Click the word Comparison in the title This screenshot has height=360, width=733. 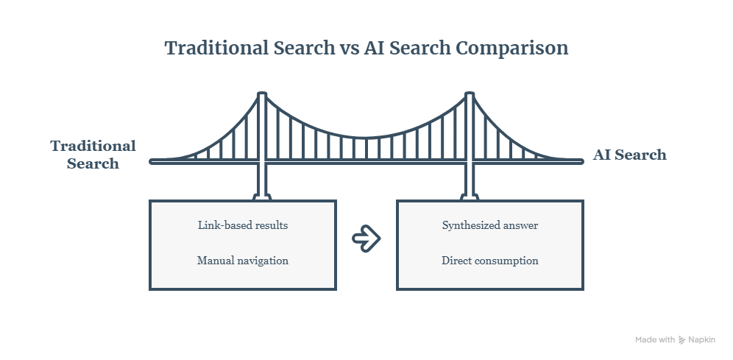[x=512, y=49]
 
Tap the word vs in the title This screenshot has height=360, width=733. [x=349, y=49]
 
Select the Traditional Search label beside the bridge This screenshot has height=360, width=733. [x=93, y=155]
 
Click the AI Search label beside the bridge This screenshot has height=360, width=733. [x=630, y=155]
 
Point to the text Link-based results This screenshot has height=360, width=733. [x=243, y=225]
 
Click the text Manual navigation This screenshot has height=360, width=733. [x=243, y=261]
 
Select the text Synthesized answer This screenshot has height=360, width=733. [x=490, y=225]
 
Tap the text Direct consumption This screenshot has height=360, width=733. [x=490, y=261]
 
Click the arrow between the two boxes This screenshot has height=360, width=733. [x=366, y=239]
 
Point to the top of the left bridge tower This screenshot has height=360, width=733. [x=262, y=93]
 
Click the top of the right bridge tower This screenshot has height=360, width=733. [x=470, y=93]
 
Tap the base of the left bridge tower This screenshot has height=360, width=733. [x=262, y=197]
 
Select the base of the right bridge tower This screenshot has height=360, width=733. [x=470, y=197]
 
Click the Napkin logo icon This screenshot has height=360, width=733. [x=681, y=340]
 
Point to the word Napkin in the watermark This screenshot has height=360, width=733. [x=701, y=340]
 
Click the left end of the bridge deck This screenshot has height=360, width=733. [x=152, y=162]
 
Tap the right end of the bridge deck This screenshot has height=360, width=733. [x=581, y=162]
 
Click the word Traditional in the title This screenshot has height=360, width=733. [x=216, y=49]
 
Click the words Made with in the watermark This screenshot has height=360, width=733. [x=655, y=340]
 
